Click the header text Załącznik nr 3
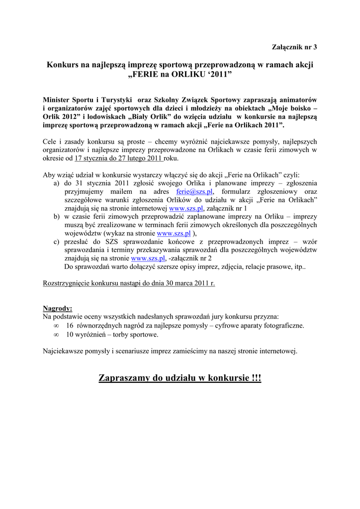tap(294, 47)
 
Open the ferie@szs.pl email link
tap(195, 191)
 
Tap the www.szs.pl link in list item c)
tap(148, 258)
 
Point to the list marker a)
tap(56, 183)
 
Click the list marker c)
tap(56, 242)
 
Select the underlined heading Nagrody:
tap(58, 308)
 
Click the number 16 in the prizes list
tap(70, 326)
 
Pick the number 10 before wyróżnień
tap(70, 335)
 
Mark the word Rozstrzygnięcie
tap(67, 283)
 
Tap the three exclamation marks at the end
tap(256, 378)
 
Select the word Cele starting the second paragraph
tap(51, 142)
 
